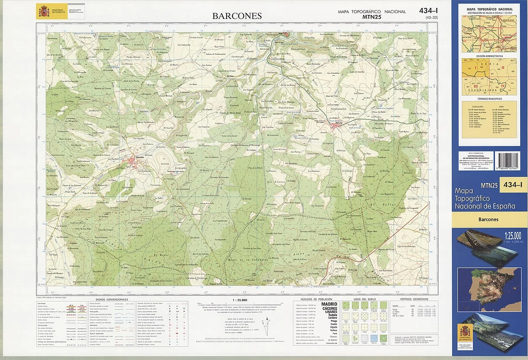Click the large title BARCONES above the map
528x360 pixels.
[x=237, y=16]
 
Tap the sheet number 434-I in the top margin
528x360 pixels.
[x=429, y=11]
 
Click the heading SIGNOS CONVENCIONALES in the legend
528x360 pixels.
[x=111, y=299]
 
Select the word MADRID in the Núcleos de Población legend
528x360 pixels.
[x=329, y=304]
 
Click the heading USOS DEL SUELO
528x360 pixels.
[x=363, y=299]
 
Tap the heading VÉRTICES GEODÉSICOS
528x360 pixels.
[x=414, y=299]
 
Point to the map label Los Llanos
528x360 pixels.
[x=276, y=181]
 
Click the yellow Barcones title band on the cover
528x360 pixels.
[x=489, y=219]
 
